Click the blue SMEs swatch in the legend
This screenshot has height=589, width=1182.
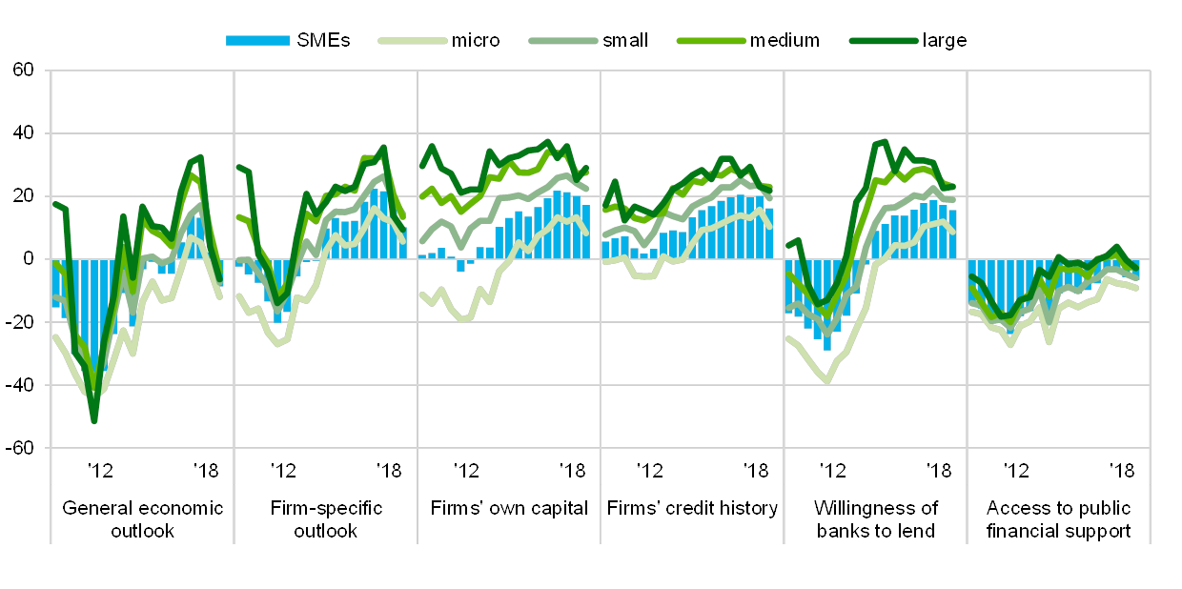click(x=257, y=40)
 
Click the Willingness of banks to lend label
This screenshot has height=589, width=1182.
click(x=875, y=518)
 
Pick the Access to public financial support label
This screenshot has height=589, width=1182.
click(x=1058, y=518)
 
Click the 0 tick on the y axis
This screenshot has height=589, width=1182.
click(x=28, y=258)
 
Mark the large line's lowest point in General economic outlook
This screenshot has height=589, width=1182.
click(x=94, y=420)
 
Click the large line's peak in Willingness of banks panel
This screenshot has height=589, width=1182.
click(x=884, y=141)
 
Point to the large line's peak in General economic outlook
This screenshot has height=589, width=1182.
click(x=200, y=156)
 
